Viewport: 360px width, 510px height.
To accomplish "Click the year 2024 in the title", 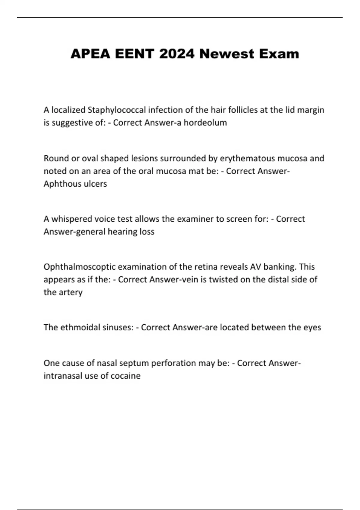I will point(177,54).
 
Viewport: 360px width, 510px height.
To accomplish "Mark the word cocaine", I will point(126,376).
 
